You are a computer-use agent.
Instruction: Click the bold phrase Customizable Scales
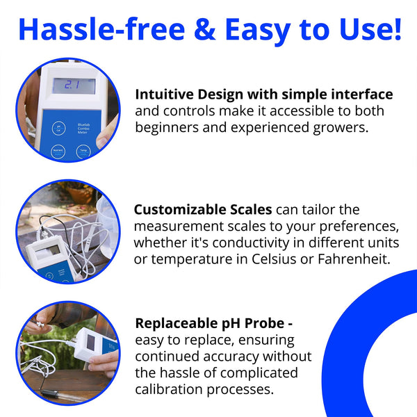(203, 209)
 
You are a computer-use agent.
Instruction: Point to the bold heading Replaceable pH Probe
(209, 324)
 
